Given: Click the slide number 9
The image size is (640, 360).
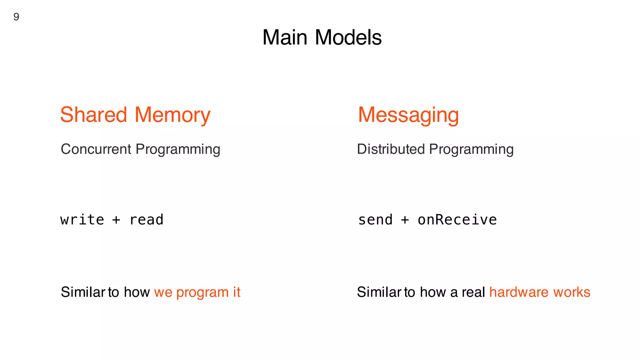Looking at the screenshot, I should click(16, 17).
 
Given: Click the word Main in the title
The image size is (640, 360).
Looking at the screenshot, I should click(285, 37).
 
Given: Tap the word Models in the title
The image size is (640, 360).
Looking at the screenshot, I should click(348, 37).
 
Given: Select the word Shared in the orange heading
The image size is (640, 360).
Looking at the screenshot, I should click(93, 115).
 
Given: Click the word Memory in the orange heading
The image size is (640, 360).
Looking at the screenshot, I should click(172, 115).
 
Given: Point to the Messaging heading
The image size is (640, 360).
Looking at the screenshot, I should click(408, 115).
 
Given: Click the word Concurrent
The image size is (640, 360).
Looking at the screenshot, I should click(96, 149).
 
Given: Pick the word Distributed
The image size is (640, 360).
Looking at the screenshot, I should click(391, 149).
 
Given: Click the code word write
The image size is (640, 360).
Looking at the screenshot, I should click(82, 220).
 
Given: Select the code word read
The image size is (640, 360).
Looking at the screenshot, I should click(147, 220).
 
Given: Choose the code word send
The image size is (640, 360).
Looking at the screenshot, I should click(375, 220).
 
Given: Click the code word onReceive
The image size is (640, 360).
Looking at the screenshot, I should click(457, 220).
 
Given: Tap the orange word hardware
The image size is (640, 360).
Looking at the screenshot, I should click(519, 292).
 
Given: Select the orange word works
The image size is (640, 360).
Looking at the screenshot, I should click(572, 292).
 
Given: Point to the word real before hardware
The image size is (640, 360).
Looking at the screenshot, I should click(473, 292).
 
